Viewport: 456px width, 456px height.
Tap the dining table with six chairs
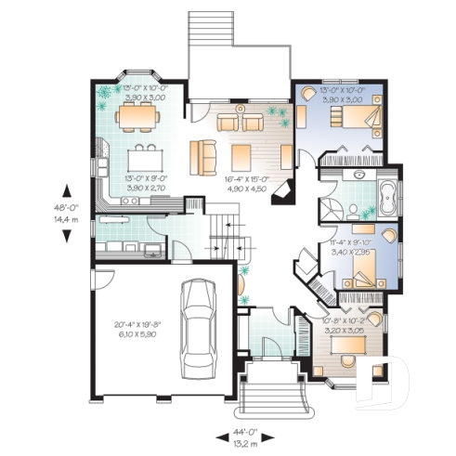pos(137,116)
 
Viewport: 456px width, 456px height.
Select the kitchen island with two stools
pos(144,150)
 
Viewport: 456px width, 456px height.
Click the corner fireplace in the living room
pos(289,192)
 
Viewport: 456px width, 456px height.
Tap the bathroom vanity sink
pos(357,175)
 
